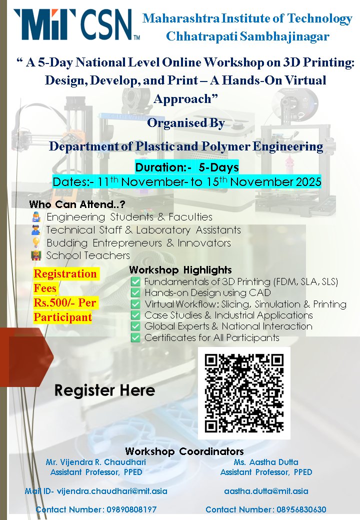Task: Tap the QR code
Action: pos(244,393)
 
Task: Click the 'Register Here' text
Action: pos(104,390)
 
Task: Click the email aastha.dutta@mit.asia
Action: pos(266,491)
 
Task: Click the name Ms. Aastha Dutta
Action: pos(266,462)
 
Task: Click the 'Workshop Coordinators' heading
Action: pos(184,451)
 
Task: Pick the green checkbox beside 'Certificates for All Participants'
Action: pos(135,338)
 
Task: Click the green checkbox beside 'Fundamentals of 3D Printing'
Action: pos(135,282)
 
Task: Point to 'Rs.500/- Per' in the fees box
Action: pos(65,303)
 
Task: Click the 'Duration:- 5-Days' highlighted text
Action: pos(187,167)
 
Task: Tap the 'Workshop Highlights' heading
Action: pos(180,270)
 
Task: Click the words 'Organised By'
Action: pos(185,123)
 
